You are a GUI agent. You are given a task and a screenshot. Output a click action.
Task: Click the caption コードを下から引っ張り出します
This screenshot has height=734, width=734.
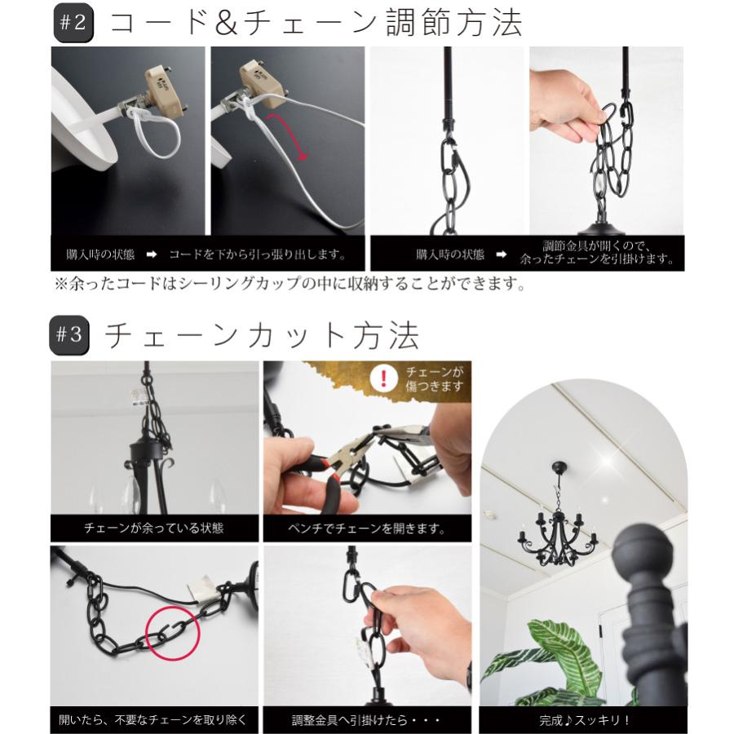(x=256, y=254)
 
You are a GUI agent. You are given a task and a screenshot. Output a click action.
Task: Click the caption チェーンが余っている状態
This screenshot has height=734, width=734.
(x=153, y=528)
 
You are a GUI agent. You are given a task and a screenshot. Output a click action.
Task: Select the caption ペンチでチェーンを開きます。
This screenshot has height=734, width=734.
(x=367, y=528)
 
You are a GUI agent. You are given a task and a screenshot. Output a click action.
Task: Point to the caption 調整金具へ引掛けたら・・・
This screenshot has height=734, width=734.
(x=367, y=720)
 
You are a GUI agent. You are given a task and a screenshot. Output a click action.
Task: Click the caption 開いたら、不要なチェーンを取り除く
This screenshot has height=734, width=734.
(x=153, y=720)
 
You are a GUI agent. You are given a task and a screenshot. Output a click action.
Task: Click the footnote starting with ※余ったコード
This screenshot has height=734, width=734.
(x=286, y=285)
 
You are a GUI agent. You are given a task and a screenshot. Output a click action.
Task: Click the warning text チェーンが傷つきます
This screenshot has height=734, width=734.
(x=434, y=379)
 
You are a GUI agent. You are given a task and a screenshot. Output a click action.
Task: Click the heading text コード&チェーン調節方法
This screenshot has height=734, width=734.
(x=315, y=24)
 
